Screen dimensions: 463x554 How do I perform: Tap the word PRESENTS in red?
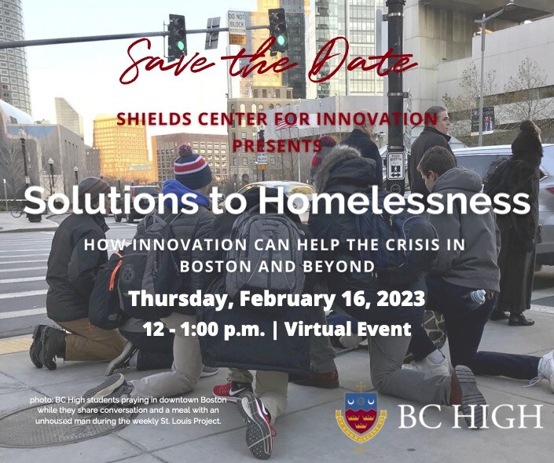coord(277,145)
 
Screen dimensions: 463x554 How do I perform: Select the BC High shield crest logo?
coord(361,414)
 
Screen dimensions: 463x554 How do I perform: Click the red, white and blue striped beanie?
coord(193,167)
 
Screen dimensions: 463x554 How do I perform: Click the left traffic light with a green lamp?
coord(177,36)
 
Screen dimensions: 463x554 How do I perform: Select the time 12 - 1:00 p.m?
coord(194,329)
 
